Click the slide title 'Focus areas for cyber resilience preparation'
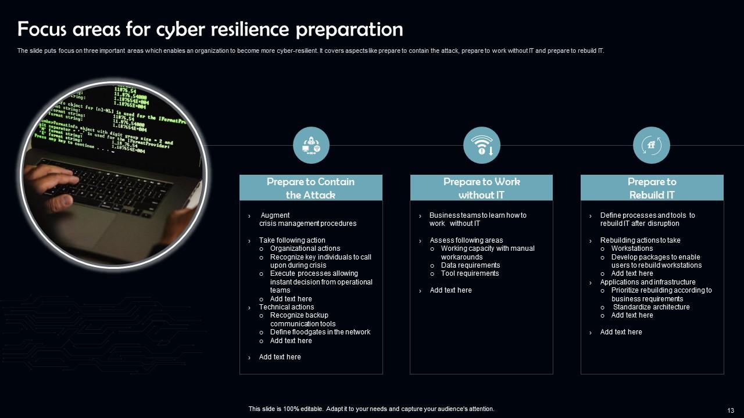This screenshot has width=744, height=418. click(210, 29)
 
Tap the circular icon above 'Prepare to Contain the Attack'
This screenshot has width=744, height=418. click(311, 145)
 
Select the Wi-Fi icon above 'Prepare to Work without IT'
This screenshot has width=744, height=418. click(482, 145)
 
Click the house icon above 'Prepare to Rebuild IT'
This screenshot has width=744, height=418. click(652, 145)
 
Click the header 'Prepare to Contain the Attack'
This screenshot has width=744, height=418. click(311, 188)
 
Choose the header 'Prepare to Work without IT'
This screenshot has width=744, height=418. click(481, 188)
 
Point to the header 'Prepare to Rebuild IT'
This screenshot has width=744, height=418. click(652, 188)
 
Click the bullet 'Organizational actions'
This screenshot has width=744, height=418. click(305, 248)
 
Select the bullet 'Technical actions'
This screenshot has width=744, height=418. click(287, 307)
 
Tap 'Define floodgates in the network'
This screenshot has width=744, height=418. click(320, 332)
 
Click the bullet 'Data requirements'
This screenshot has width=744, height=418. click(470, 265)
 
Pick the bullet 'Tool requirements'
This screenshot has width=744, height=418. click(470, 273)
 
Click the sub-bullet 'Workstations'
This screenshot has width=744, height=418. click(632, 248)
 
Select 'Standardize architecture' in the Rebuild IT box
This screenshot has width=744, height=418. click(651, 307)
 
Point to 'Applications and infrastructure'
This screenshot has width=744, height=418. click(648, 282)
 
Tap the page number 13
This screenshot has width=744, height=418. click(731, 410)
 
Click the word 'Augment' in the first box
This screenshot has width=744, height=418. click(275, 215)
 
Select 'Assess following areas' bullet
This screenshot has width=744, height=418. click(466, 240)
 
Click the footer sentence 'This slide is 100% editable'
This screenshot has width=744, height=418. click(371, 409)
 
